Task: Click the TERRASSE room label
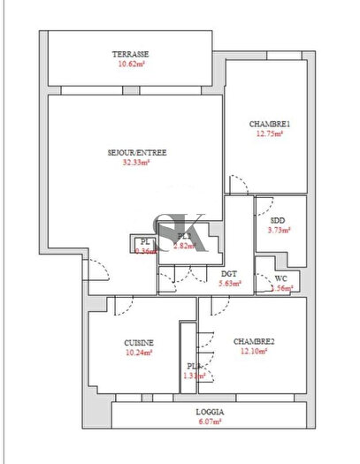pyautogui.click(x=130, y=52)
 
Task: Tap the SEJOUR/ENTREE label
pyautogui.click(x=131, y=152)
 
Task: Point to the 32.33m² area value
pyautogui.click(x=131, y=163)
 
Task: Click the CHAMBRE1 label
pyautogui.click(x=270, y=123)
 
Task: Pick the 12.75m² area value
pyautogui.click(x=270, y=133)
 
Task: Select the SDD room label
pyautogui.click(x=278, y=220)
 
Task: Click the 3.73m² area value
pyautogui.click(x=279, y=230)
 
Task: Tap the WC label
pyautogui.click(x=283, y=278)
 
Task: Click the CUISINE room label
pyautogui.click(x=140, y=342)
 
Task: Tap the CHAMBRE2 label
pyautogui.click(x=255, y=342)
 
